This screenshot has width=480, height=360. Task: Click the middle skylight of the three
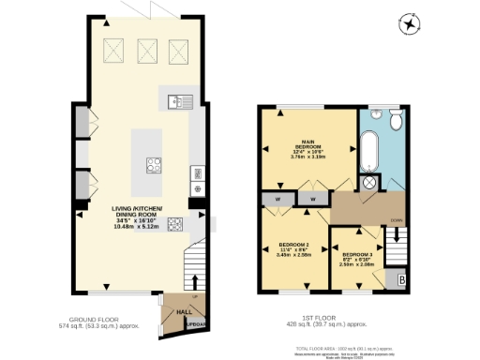147,50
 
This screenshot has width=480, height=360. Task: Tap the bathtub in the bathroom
369,151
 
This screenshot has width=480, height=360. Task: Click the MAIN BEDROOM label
307,153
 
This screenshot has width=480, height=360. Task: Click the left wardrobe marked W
279,198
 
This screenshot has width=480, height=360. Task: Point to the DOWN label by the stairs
397,221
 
